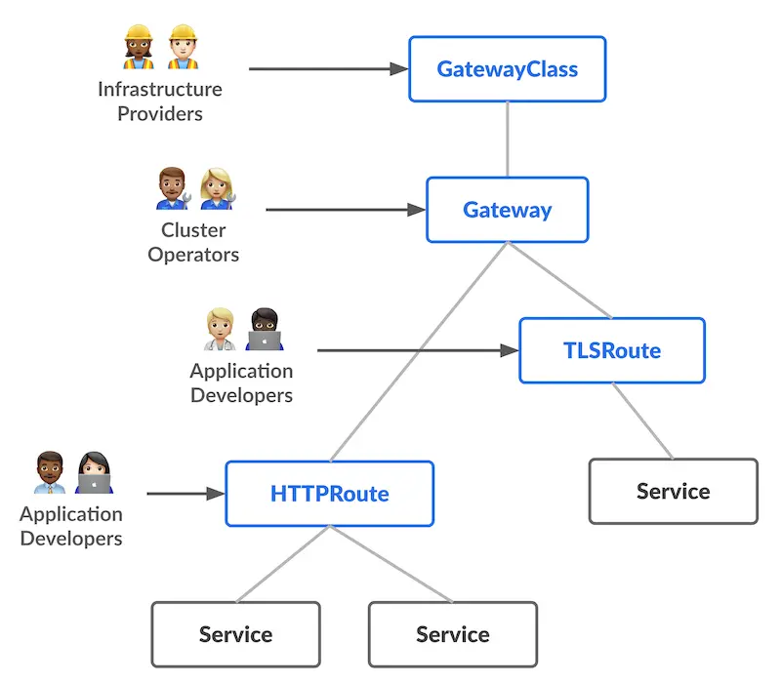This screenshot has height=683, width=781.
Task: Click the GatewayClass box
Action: (x=507, y=69)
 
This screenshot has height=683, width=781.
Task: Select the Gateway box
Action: (x=507, y=210)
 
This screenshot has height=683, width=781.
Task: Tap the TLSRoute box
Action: (x=611, y=350)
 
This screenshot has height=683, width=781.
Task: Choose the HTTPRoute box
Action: (x=329, y=494)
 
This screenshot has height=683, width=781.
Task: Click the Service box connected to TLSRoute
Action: (x=673, y=491)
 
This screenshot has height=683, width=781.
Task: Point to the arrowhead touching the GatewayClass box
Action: (x=398, y=69)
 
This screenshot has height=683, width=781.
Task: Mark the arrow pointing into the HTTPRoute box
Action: (x=185, y=494)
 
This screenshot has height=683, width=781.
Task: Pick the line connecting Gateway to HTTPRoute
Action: (x=420, y=351)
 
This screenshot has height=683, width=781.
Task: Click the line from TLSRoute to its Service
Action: (x=642, y=421)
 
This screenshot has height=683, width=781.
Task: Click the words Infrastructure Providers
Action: (x=159, y=101)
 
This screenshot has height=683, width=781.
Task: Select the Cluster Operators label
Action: (x=193, y=243)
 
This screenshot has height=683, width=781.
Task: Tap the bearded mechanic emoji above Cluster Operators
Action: (x=173, y=188)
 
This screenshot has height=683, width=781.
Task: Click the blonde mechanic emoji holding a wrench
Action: (x=217, y=188)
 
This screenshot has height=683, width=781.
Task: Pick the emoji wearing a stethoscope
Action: (x=220, y=330)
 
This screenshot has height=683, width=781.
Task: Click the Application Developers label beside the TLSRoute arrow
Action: (x=241, y=382)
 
